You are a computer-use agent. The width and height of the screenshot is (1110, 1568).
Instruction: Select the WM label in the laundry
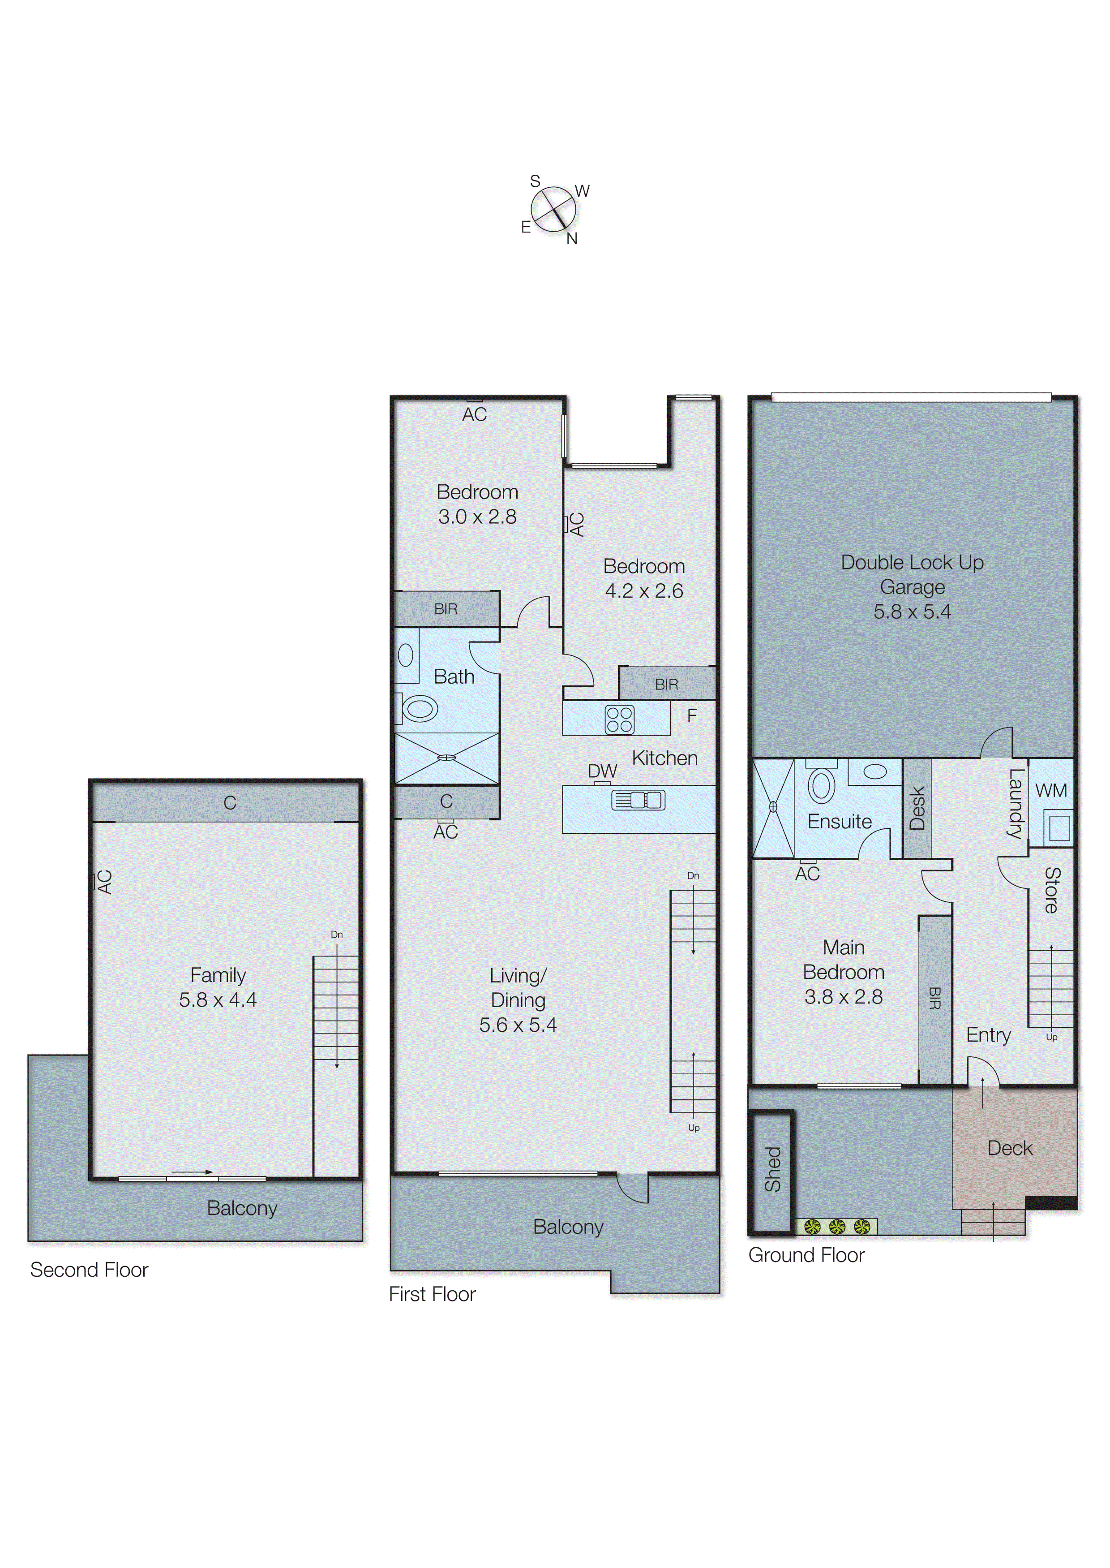1050,791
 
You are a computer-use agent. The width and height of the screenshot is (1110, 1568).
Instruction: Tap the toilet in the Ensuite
822,785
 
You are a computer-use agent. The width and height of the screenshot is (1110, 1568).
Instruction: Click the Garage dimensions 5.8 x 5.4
912,612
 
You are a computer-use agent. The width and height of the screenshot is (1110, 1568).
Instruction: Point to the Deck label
1010,1148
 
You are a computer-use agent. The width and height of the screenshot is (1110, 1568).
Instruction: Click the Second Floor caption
89,1270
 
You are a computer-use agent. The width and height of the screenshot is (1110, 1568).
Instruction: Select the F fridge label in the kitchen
692,716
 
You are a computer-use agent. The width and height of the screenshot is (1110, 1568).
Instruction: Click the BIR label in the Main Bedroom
935,999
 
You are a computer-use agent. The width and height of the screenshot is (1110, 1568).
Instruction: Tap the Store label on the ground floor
1051,890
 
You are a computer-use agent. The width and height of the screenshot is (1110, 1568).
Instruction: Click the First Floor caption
432,1294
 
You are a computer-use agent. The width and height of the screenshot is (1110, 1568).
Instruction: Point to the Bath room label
454,677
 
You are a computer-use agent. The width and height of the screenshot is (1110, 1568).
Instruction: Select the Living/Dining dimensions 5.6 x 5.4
518,1025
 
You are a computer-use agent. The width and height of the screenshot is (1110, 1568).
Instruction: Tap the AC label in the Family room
105,882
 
